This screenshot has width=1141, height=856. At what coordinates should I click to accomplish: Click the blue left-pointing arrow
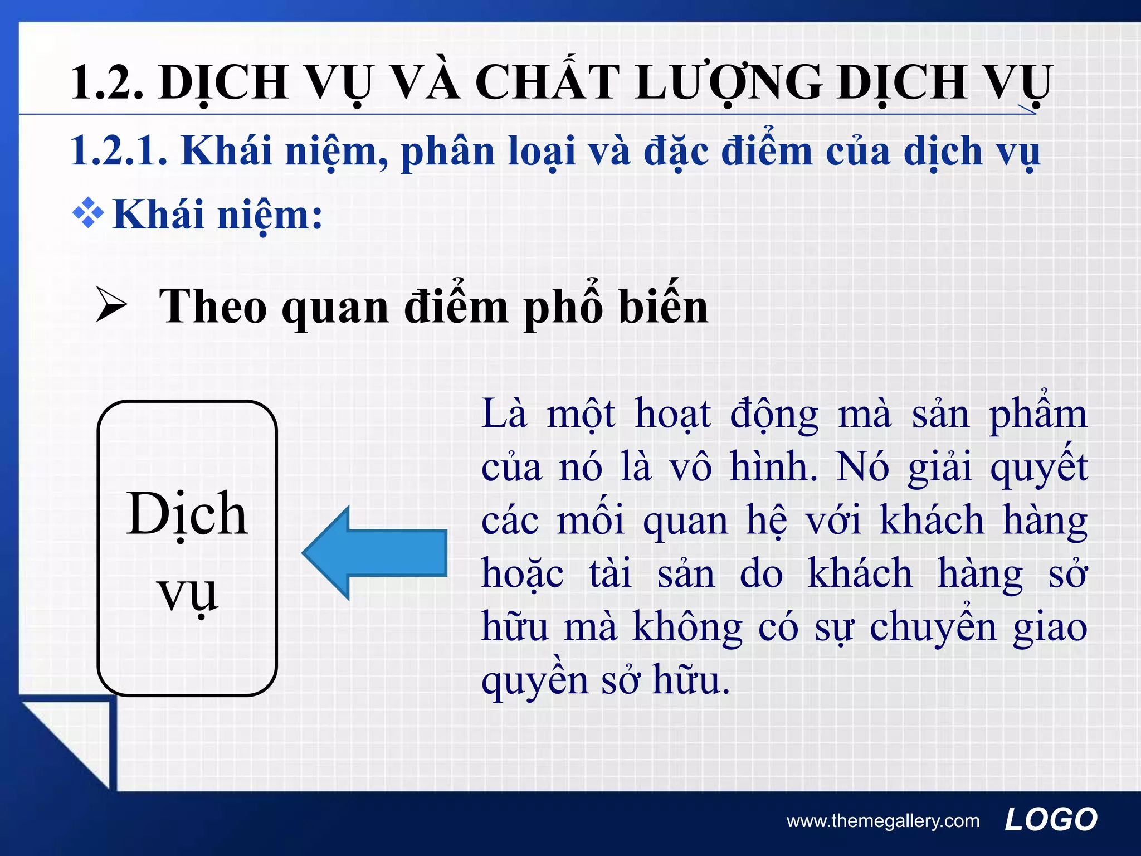[374, 553]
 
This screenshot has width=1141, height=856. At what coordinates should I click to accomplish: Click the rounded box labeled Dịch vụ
[187, 548]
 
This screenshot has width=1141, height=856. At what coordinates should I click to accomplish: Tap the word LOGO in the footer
[1050, 820]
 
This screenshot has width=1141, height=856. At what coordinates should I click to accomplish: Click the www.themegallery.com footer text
[882, 821]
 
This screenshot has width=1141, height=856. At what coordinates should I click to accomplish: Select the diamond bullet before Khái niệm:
[88, 214]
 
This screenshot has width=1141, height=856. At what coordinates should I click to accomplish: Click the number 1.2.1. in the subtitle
[119, 152]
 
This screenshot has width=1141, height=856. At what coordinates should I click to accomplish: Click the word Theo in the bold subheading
[213, 307]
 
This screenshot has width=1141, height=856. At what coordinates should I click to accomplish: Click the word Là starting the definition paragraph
[504, 414]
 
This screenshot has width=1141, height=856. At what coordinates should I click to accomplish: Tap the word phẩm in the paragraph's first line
[1037, 414]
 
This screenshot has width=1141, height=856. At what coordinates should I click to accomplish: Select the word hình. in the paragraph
[774, 468]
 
